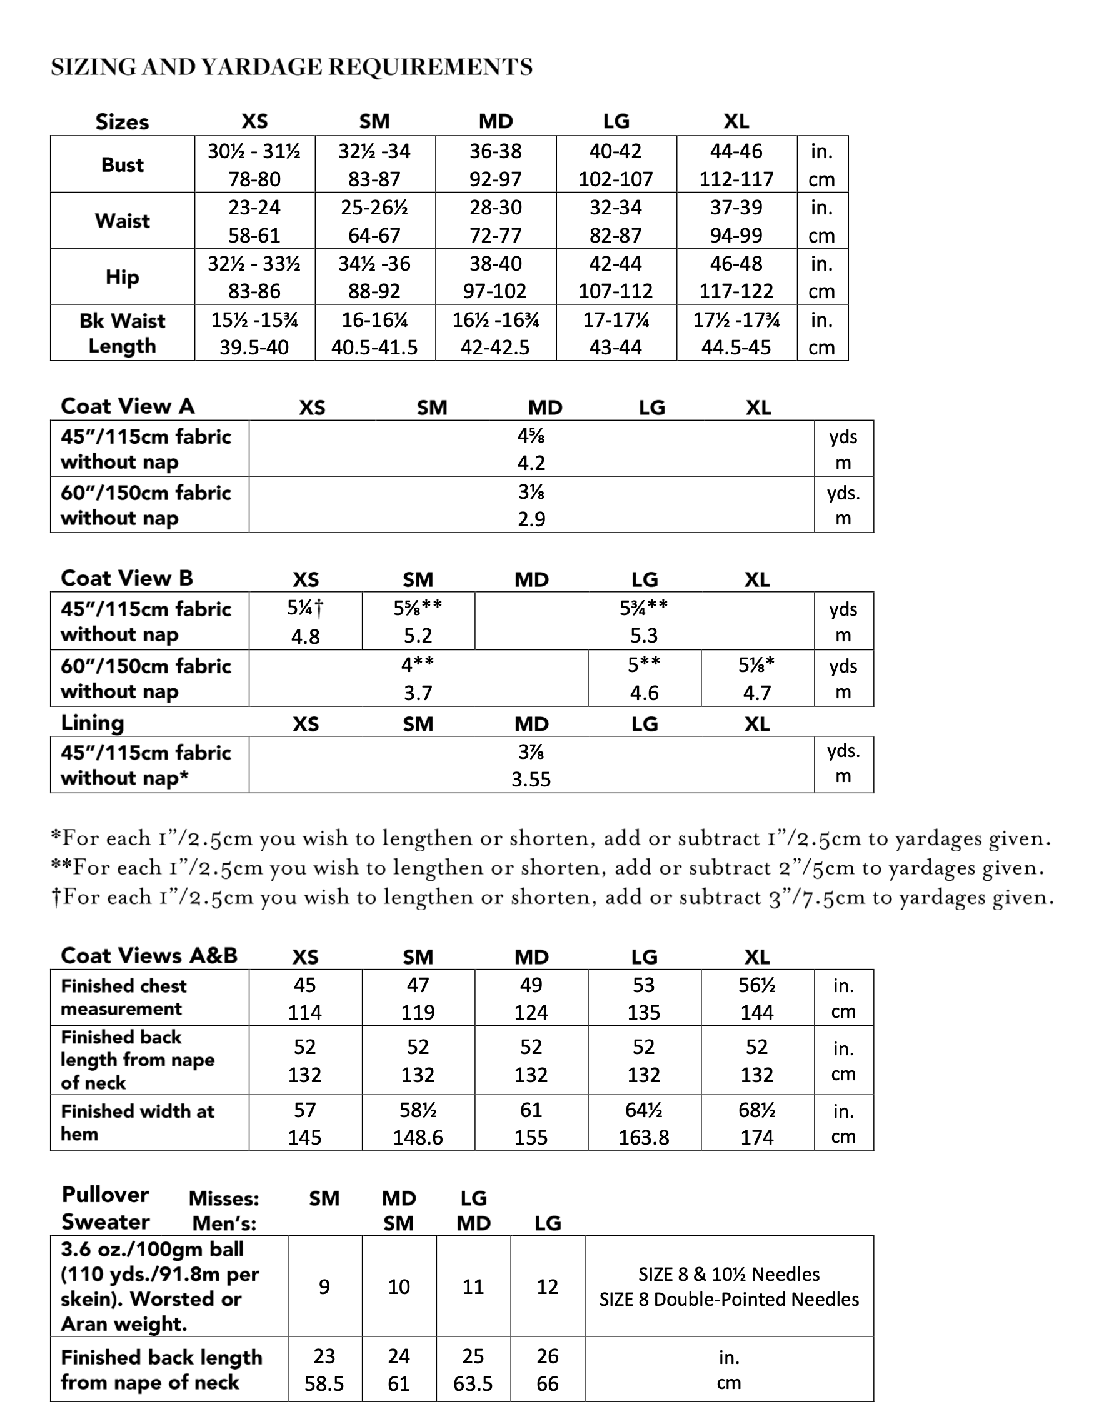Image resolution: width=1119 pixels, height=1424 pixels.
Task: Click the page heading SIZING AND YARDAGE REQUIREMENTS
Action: (291, 67)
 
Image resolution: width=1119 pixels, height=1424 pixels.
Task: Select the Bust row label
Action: (123, 164)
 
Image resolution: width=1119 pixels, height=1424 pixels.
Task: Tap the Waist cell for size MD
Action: (495, 221)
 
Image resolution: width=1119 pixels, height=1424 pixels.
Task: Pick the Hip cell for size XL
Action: (736, 277)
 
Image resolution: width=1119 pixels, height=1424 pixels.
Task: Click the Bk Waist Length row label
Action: (123, 333)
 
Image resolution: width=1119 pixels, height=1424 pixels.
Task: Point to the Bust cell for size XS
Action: (254, 164)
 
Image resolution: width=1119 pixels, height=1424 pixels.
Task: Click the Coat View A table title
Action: (128, 406)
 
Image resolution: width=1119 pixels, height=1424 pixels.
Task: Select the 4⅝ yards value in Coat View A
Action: (531, 436)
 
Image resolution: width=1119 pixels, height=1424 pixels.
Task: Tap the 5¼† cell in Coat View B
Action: (305, 621)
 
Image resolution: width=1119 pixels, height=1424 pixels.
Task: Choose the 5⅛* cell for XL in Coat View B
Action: (756, 678)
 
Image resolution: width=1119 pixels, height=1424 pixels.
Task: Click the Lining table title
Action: (93, 723)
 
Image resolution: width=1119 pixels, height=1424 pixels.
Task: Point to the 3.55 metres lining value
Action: (531, 780)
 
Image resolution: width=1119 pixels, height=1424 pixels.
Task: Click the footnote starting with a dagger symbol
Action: (552, 896)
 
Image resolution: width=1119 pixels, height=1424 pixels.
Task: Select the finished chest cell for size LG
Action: (643, 998)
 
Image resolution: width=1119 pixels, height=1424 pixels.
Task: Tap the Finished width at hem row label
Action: (138, 1122)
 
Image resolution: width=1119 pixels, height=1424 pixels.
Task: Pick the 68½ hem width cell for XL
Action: (756, 1123)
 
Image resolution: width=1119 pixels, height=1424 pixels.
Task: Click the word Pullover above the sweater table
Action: (106, 1195)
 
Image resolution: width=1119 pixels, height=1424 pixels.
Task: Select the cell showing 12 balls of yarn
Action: (547, 1286)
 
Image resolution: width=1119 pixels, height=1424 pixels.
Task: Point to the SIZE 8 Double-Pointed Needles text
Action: (728, 1299)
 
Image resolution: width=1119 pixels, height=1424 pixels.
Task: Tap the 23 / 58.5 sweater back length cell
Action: (324, 1369)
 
